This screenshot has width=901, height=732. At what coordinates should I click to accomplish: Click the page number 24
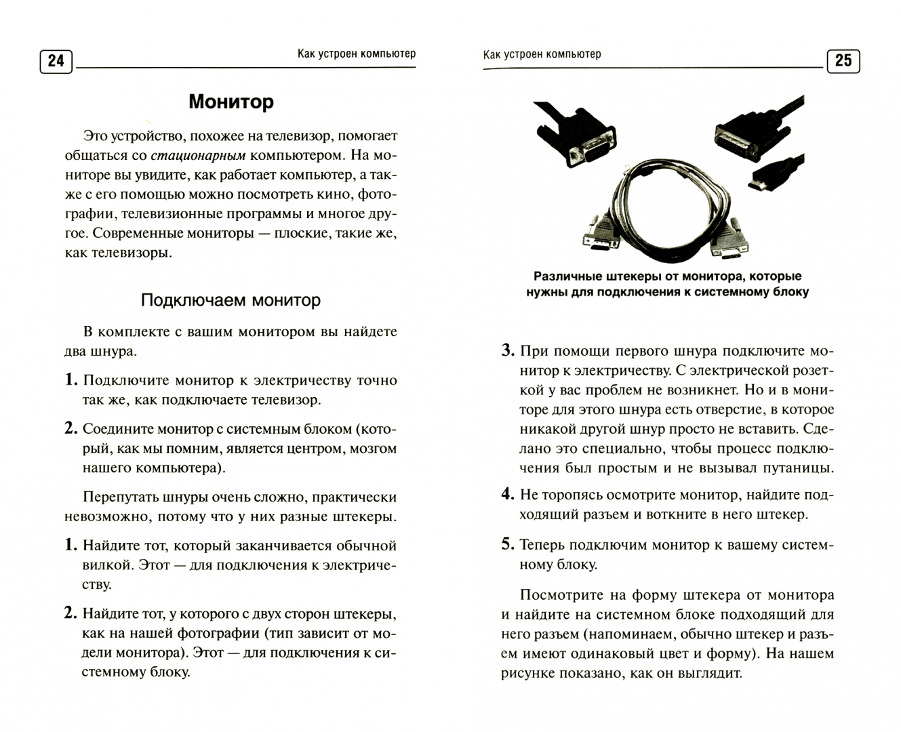pyautogui.click(x=56, y=61)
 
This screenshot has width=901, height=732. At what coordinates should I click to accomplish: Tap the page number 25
pyautogui.click(x=843, y=61)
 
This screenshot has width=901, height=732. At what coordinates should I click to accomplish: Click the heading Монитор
pyautogui.click(x=231, y=102)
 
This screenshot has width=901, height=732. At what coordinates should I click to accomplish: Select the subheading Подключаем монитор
pyautogui.click(x=231, y=300)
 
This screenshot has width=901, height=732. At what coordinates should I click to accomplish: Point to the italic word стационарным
pyautogui.click(x=198, y=155)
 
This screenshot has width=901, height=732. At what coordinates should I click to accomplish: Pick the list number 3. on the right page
pyautogui.click(x=508, y=351)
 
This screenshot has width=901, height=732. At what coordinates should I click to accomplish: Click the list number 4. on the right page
pyautogui.click(x=508, y=494)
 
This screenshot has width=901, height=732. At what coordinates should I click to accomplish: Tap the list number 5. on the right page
pyautogui.click(x=508, y=544)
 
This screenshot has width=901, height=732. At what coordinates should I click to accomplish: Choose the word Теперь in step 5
pyautogui.click(x=542, y=545)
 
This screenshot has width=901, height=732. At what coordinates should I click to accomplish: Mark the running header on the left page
pyautogui.click(x=356, y=54)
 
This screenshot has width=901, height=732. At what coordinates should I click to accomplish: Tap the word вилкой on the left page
pyautogui.click(x=107, y=565)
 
